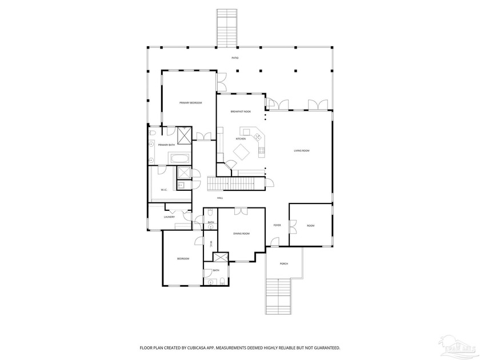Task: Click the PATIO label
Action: click(235, 58)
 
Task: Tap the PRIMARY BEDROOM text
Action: click(191, 103)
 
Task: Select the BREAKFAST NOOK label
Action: click(241, 112)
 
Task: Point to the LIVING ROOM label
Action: click(301, 150)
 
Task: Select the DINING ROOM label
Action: click(241, 234)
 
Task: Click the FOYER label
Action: click(277, 226)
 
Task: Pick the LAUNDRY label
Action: click(169, 217)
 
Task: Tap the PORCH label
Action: click(283, 263)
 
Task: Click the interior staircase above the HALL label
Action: click(234, 184)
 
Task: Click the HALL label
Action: click(220, 198)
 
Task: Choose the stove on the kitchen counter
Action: click(262, 151)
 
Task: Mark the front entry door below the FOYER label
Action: click(274, 243)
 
